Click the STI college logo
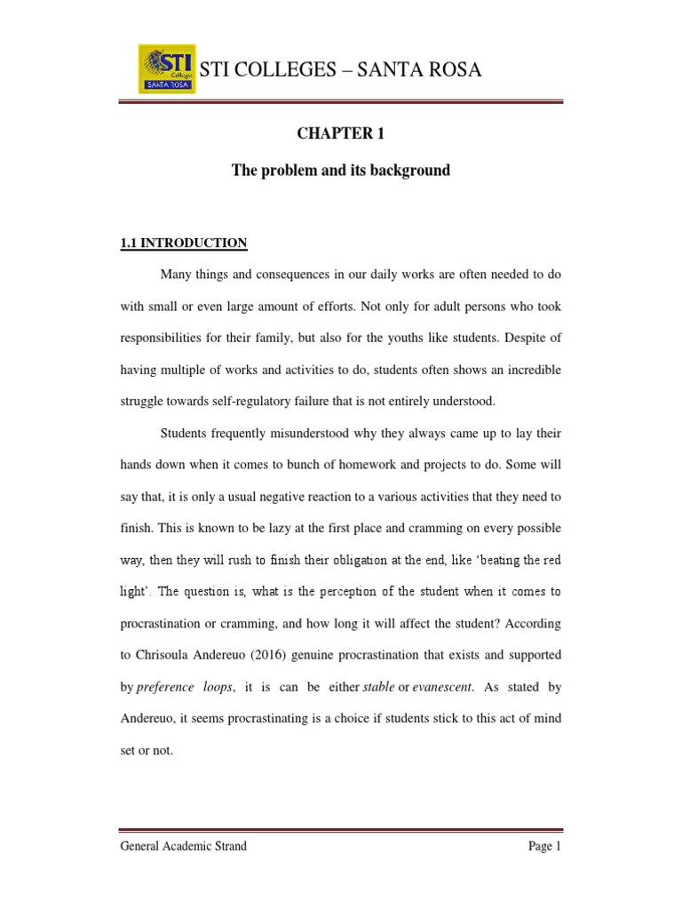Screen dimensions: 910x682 pos(167,69)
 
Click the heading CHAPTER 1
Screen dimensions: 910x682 pos(341,134)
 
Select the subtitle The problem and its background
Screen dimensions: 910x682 pos(341,170)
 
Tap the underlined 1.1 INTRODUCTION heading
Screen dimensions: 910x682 pos(184,243)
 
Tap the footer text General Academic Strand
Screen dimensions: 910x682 pos(184,847)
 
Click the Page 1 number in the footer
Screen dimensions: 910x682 pos(544,847)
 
